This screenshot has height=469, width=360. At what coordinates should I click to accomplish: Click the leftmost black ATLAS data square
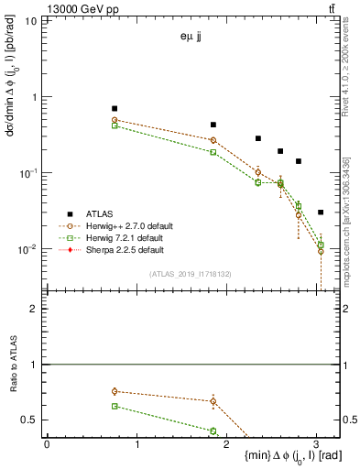[x=115, y=108]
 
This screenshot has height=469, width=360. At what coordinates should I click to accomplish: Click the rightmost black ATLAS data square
[x=320, y=212]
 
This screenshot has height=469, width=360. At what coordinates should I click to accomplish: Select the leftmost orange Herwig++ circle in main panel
[x=115, y=120]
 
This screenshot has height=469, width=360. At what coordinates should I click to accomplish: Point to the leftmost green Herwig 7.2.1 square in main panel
[x=115, y=125]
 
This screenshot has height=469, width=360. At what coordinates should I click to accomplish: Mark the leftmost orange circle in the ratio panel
[x=115, y=391]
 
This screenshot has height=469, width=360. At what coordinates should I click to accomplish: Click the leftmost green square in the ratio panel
[x=115, y=406]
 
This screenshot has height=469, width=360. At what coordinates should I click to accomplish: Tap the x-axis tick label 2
[x=226, y=443]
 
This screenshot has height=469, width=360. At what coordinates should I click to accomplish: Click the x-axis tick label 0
[x=47, y=443]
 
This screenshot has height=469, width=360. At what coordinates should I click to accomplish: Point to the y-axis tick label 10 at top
[x=31, y=20]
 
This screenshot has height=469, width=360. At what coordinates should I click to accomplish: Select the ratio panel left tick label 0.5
[x=29, y=420]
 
